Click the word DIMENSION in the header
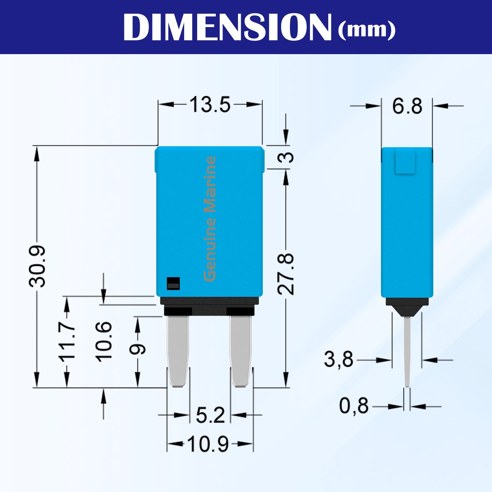(x=227, y=27)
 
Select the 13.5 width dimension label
(x=210, y=104)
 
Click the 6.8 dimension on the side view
(x=407, y=106)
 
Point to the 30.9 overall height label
(x=37, y=266)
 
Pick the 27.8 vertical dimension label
(x=285, y=274)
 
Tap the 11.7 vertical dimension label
(x=67, y=342)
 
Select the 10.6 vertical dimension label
(x=104, y=342)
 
